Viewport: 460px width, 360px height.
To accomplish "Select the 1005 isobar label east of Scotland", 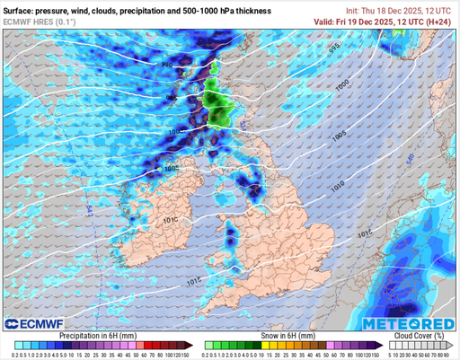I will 338,135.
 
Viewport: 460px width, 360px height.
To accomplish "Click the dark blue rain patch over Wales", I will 232,239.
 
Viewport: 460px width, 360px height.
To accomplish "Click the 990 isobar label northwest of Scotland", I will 167,66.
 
